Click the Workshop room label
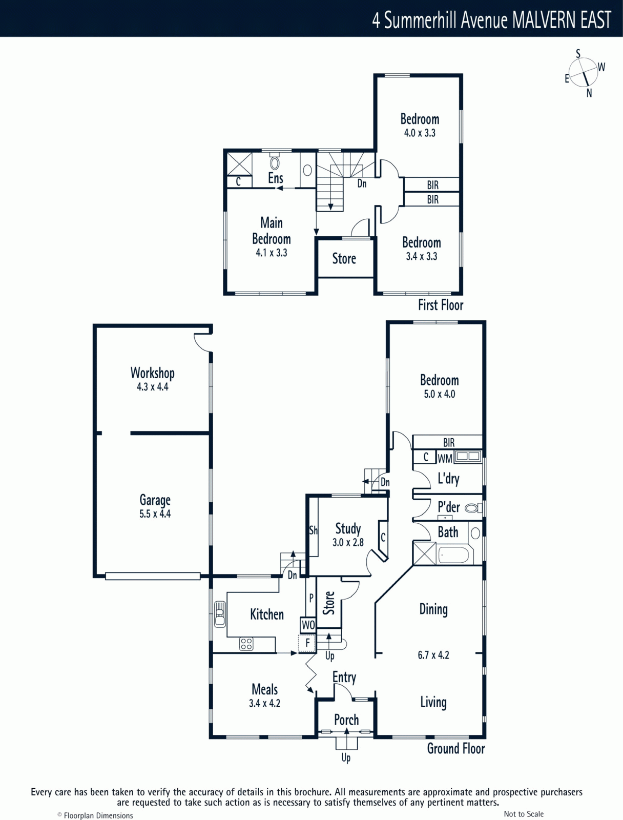click(152, 373)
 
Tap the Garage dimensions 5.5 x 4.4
click(155, 514)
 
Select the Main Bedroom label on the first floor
click(272, 231)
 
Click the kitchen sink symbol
click(220, 614)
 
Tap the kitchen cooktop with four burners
click(246, 644)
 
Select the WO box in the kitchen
click(308, 625)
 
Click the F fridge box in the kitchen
click(307, 643)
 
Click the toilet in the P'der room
click(473, 508)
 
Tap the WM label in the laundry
click(445, 458)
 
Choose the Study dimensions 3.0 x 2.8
click(348, 542)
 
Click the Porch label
click(346, 720)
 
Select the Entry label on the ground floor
click(344, 678)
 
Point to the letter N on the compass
click(589, 93)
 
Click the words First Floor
click(441, 305)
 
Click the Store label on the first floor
click(344, 258)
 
